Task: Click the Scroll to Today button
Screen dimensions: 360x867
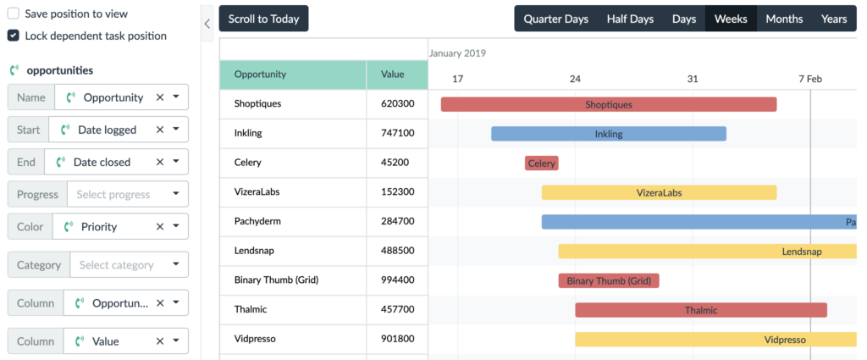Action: click(263, 19)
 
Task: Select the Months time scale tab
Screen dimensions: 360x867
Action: click(784, 19)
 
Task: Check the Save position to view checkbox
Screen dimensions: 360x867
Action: click(14, 14)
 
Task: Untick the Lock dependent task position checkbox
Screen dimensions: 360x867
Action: click(14, 36)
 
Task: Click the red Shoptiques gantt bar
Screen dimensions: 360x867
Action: click(608, 104)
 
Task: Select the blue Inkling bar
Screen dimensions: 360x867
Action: click(608, 134)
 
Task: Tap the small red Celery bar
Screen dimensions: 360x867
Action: click(541, 163)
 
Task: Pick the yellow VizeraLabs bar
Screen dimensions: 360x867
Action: click(659, 192)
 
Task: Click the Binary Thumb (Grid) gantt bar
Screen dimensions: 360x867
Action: click(608, 280)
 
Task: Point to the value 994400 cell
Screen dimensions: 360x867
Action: click(397, 280)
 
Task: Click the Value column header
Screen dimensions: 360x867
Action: click(393, 75)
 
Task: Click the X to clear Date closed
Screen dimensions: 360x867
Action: click(158, 162)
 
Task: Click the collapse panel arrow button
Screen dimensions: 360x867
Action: click(207, 25)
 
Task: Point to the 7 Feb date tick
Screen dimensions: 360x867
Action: click(810, 79)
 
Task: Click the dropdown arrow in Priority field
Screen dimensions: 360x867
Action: click(175, 227)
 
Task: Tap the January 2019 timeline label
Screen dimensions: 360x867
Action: click(457, 53)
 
